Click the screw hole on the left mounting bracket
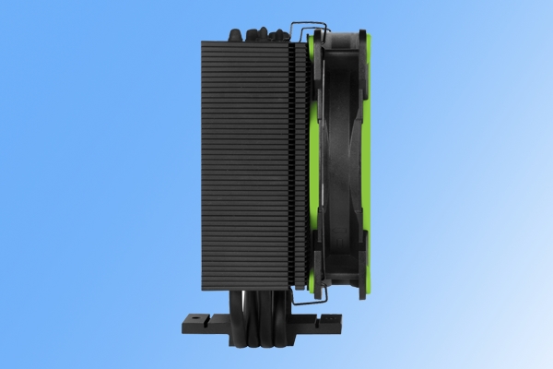[x=195, y=323]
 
